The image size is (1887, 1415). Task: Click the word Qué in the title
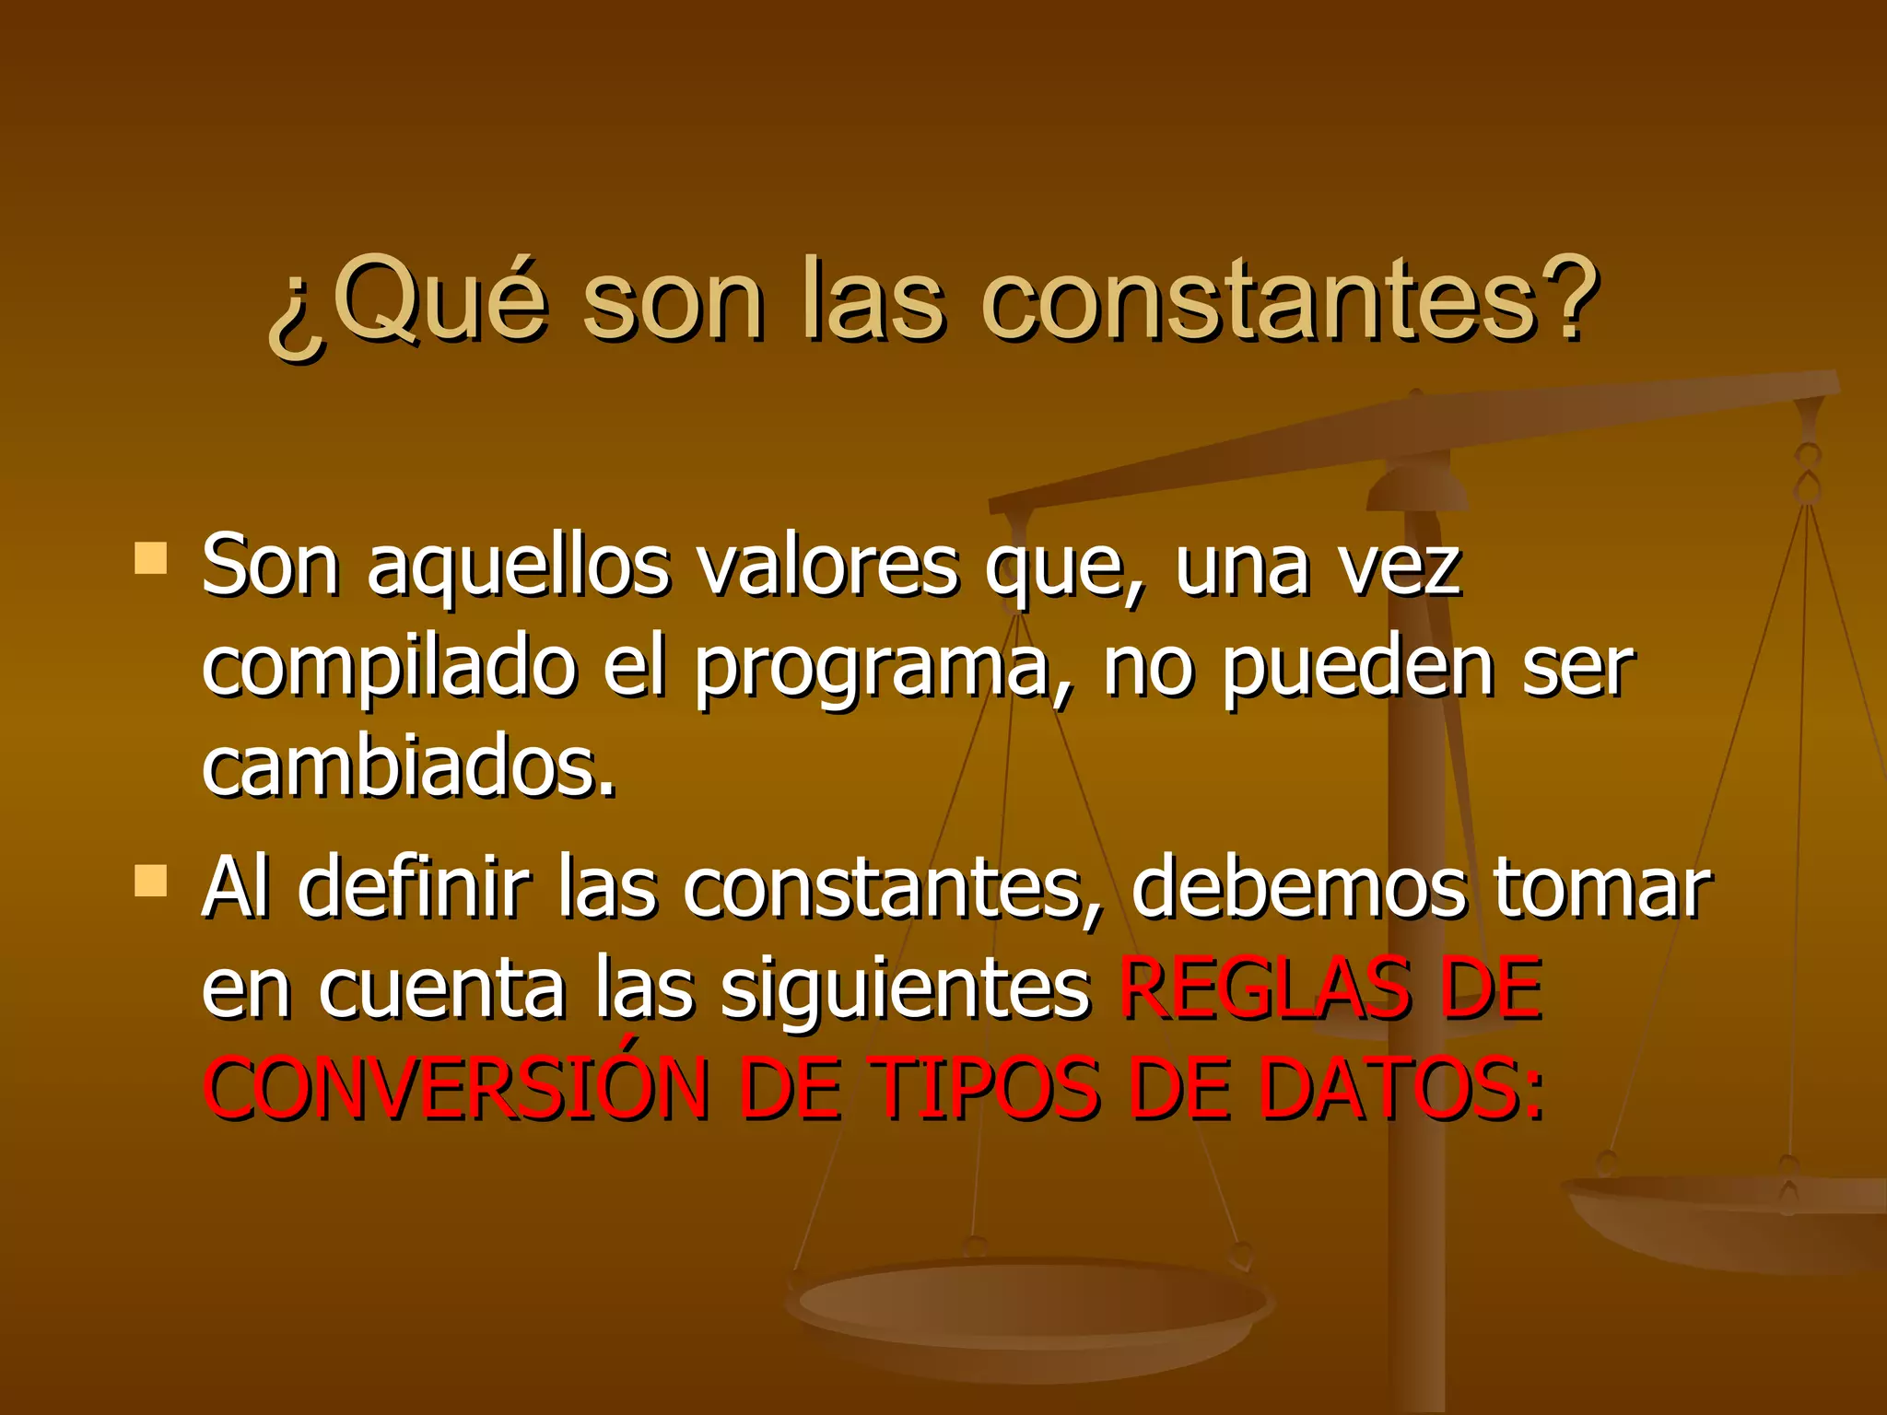(x=438, y=299)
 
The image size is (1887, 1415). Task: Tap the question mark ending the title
(x=1566, y=297)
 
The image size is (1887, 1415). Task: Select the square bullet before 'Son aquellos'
(x=150, y=558)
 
